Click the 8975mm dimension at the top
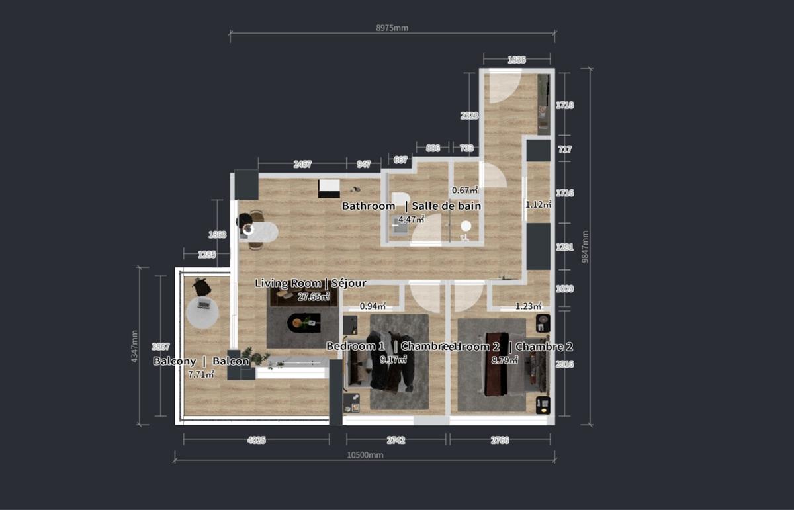click(392, 28)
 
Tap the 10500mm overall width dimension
click(365, 455)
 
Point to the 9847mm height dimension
click(586, 246)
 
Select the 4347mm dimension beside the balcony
click(135, 346)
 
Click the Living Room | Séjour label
click(310, 283)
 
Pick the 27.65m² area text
click(313, 296)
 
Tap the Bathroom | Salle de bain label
click(411, 206)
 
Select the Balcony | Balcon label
click(201, 361)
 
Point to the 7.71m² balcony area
click(201, 374)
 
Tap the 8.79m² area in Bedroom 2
click(506, 360)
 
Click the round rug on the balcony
click(202, 312)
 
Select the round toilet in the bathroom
click(466, 226)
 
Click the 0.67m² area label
click(464, 191)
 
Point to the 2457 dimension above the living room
click(302, 164)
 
